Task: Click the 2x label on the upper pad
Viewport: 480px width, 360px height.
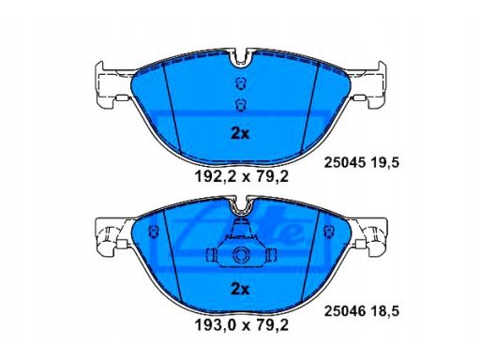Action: pos(241,133)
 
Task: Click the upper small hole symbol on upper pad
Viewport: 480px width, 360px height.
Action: pos(241,84)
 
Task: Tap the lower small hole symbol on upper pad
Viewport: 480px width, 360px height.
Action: pos(241,104)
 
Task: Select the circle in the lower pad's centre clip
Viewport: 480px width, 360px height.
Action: pos(241,259)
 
